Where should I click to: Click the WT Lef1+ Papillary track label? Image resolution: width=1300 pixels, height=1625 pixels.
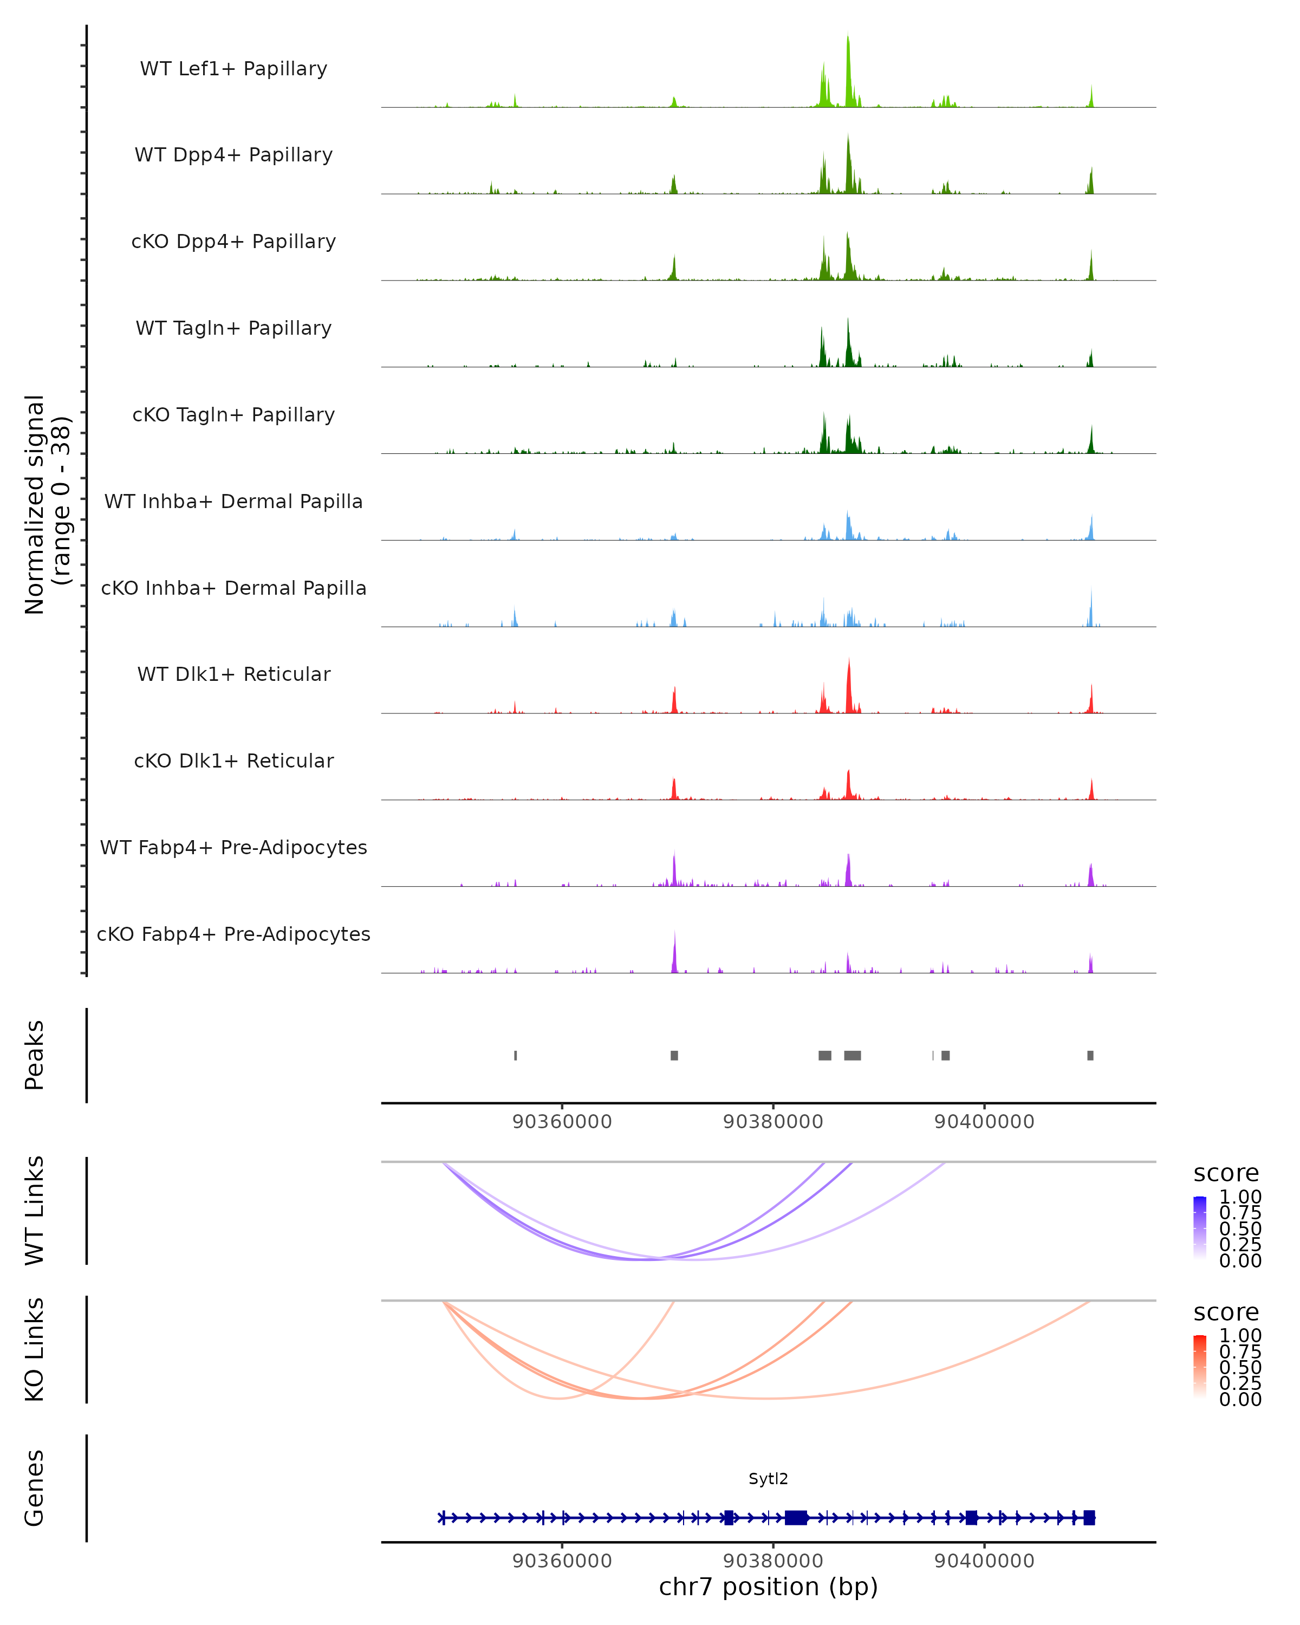pos(233,69)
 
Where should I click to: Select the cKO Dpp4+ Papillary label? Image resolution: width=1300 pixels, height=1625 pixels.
pos(233,242)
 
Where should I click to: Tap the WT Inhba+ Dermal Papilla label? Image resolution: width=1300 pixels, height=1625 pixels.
pos(233,502)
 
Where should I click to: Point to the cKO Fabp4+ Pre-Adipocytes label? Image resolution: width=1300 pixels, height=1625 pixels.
pos(233,934)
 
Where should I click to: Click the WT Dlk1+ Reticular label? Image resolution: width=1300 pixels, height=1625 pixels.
pos(233,674)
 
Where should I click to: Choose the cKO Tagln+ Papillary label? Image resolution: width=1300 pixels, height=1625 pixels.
pos(233,415)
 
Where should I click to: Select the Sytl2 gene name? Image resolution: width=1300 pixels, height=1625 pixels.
pos(768,1479)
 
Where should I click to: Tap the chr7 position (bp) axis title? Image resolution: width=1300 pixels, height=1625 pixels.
pos(768,1587)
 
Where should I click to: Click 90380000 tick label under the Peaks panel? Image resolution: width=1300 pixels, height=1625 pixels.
pos(772,1122)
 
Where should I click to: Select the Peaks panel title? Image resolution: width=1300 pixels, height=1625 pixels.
pos(35,1055)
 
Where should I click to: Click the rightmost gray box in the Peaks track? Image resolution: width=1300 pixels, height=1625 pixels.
pos(1090,1055)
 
